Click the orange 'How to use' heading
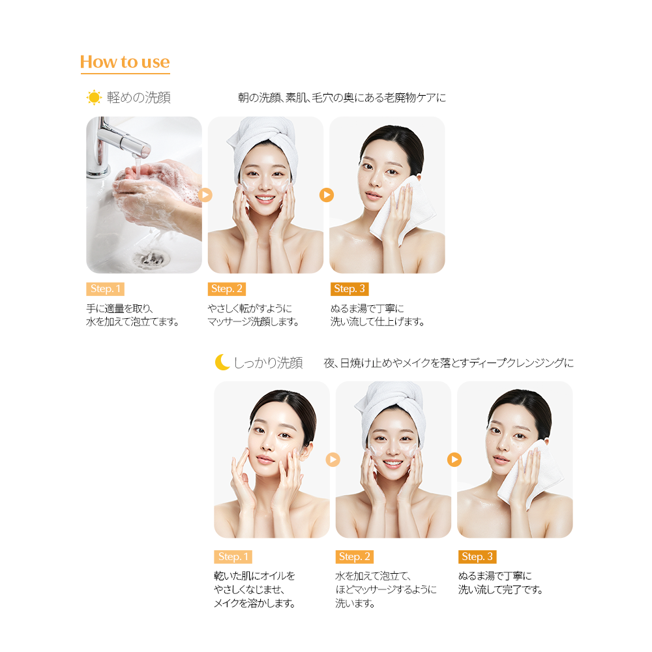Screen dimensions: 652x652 (x=125, y=62)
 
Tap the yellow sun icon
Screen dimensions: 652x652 (x=94, y=97)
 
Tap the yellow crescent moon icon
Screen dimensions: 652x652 (x=222, y=362)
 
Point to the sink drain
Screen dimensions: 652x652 (x=151, y=258)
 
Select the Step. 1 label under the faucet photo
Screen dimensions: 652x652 (x=105, y=289)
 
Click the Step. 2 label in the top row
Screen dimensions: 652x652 (x=227, y=289)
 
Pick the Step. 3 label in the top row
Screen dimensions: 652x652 (x=349, y=289)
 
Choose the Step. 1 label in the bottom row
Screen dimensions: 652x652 (x=233, y=557)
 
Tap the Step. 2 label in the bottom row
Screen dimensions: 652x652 (x=354, y=557)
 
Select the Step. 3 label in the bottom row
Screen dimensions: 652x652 (x=477, y=557)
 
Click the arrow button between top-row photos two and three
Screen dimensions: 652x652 (x=327, y=194)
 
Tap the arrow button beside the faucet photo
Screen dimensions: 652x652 (x=205, y=194)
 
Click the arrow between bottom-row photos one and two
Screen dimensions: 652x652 (x=333, y=460)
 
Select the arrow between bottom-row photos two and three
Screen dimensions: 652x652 (x=454, y=460)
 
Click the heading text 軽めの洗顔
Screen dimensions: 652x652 (x=139, y=97)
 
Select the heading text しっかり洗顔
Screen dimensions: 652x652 (x=268, y=363)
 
